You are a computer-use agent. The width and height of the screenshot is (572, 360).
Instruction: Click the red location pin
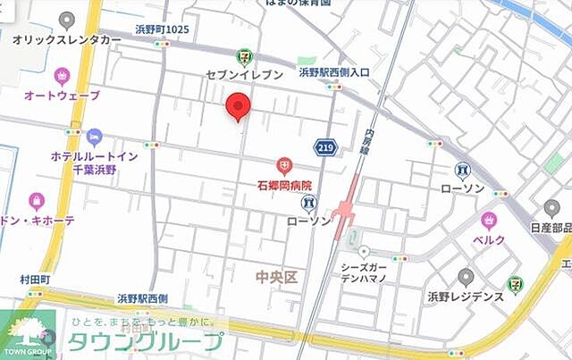coord(238,106)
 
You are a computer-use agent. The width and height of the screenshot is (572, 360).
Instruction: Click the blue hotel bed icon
coord(95,137)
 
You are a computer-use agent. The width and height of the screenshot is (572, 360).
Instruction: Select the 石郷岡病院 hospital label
coord(280,186)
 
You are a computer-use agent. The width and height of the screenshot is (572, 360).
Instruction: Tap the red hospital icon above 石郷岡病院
coord(283,165)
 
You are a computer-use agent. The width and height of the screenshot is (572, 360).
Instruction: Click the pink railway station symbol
coord(345,213)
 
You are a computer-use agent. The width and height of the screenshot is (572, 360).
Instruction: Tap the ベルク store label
coord(489,240)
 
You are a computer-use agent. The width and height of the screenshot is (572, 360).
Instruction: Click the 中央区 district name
coord(273,278)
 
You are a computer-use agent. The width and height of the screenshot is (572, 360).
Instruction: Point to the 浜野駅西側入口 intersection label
coord(334,71)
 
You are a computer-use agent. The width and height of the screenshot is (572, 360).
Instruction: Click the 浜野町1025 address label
coord(162,29)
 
